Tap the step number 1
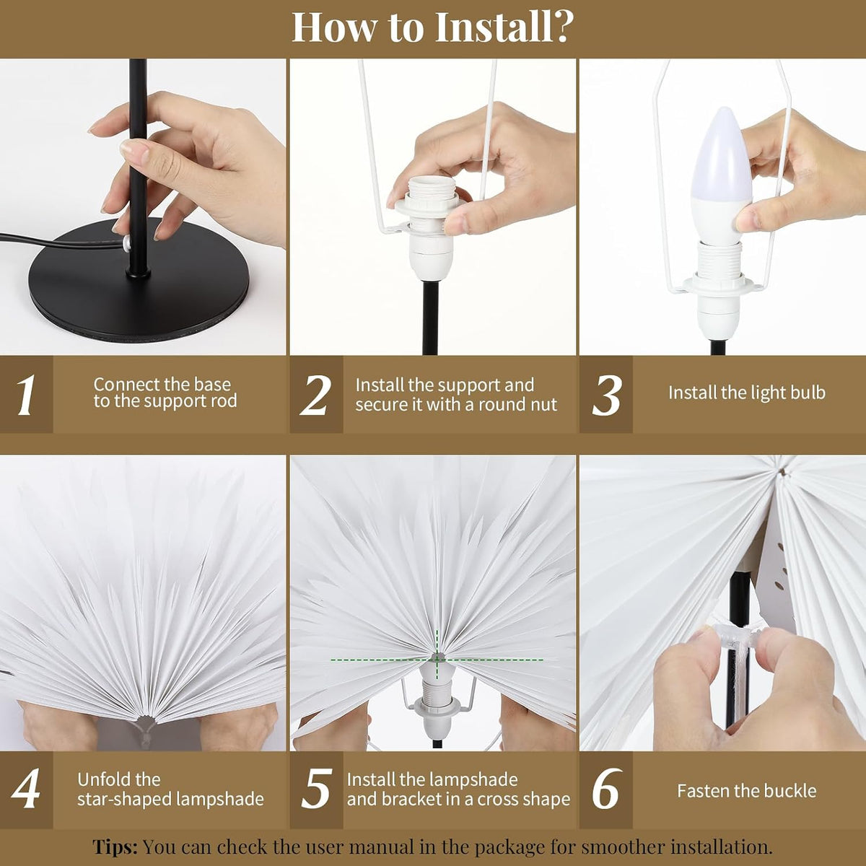point(25,395)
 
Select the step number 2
point(316,395)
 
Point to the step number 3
point(607,395)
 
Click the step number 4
point(25,788)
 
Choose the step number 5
point(316,788)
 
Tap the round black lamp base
point(139,281)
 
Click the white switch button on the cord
point(127,243)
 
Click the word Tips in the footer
point(115,847)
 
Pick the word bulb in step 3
point(808,393)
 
